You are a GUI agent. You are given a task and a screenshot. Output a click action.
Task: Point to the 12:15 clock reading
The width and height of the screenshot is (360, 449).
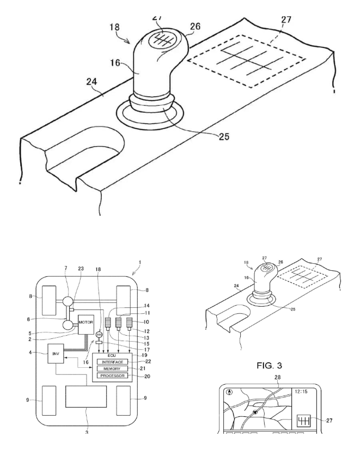pyautogui.click(x=302, y=391)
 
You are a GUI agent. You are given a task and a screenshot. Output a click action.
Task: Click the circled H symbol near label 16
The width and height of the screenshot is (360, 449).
pyautogui.click(x=99, y=335)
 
